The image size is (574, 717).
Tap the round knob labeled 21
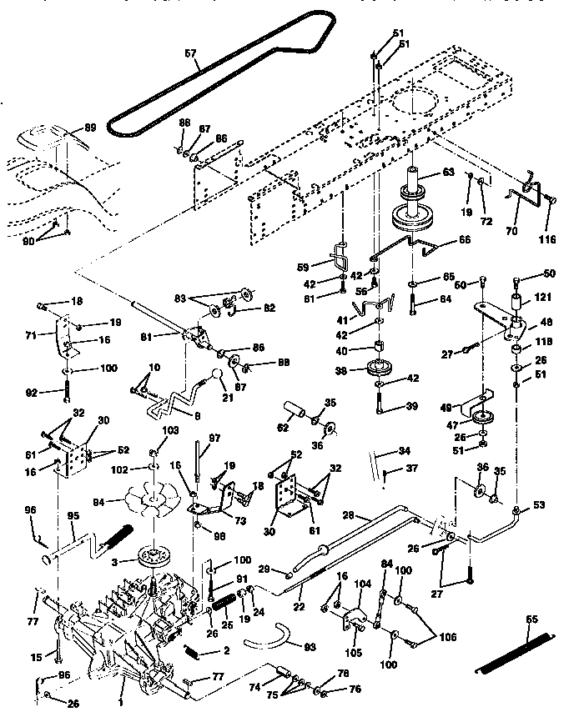coord(219,381)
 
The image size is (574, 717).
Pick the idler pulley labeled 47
coord(481,420)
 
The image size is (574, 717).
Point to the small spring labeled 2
coord(194,651)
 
